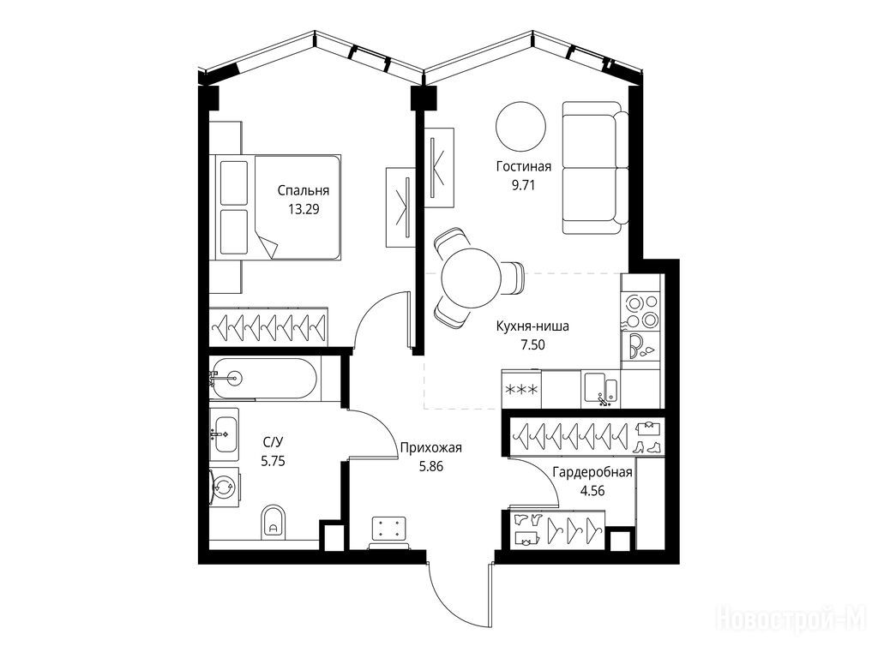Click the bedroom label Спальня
pyautogui.click(x=303, y=191)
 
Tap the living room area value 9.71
pyautogui.click(x=523, y=185)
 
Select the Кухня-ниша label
pyautogui.click(x=532, y=326)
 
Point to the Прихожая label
pyautogui.click(x=430, y=447)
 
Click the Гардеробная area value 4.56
pyautogui.click(x=592, y=491)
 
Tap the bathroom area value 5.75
pyautogui.click(x=273, y=461)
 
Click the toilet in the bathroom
pyautogui.click(x=273, y=521)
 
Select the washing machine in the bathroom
pyautogui.click(x=225, y=487)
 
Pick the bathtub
pyautogui.click(x=264, y=379)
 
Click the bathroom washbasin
pyautogui.click(x=225, y=434)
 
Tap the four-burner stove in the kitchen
pyautogui.click(x=641, y=311)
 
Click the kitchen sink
pyautogui.click(x=601, y=388)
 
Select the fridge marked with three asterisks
pyautogui.click(x=521, y=389)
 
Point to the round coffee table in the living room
pyautogui.click(x=520, y=126)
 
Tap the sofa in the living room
pyautogui.click(x=596, y=168)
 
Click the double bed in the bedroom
pyautogui.click(x=279, y=207)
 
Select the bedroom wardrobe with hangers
pyautogui.click(x=268, y=326)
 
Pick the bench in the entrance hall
pyautogui.click(x=389, y=531)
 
